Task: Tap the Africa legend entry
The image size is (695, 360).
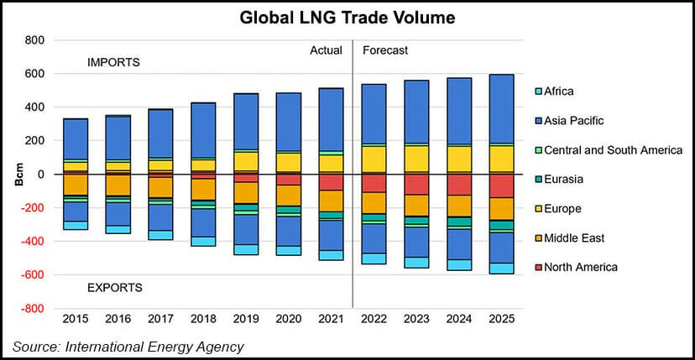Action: coord(559,91)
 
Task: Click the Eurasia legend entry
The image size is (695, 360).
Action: coord(564,180)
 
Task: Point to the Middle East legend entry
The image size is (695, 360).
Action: coord(574,238)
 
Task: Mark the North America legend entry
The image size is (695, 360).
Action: coord(580,268)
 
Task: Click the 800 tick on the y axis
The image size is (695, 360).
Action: coord(34,40)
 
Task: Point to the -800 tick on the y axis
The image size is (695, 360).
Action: coord(32,309)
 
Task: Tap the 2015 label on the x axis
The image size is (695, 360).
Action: coord(76,320)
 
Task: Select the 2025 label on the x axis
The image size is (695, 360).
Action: coord(502,320)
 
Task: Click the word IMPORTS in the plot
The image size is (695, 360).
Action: coord(113,63)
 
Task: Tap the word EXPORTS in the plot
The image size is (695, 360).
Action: coord(115,288)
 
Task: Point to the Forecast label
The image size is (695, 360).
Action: coord(385,50)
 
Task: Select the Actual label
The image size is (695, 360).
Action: coord(327,50)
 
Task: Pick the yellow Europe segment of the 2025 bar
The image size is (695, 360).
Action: coord(502,158)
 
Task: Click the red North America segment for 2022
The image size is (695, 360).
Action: coord(374,182)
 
